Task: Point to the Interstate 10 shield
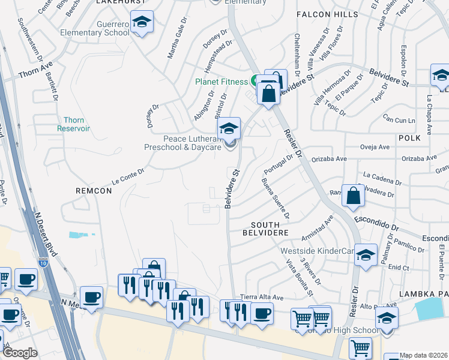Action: [x=42, y=262]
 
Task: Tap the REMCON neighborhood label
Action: [x=93, y=190]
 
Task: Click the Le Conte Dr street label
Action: [x=128, y=173]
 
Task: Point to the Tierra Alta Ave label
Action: [x=261, y=297]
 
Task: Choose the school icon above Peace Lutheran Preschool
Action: [x=229, y=129]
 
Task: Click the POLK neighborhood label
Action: [x=409, y=138]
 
